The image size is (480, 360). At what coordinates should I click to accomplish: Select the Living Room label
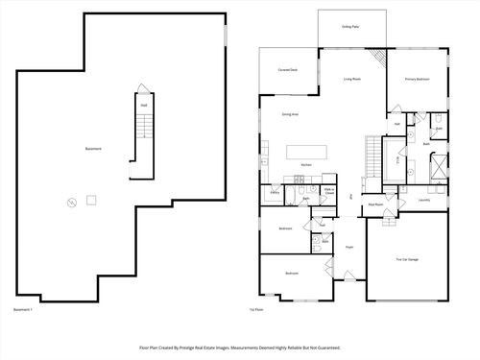[352, 79]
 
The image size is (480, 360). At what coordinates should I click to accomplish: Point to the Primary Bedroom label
[416, 79]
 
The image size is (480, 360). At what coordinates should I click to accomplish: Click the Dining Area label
[289, 114]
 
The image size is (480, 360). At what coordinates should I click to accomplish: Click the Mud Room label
[378, 204]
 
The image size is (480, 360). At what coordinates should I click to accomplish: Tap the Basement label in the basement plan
[93, 149]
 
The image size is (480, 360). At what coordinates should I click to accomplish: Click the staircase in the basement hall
[142, 126]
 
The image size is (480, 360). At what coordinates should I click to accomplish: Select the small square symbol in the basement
[91, 199]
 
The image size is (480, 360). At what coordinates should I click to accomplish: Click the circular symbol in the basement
[70, 202]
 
